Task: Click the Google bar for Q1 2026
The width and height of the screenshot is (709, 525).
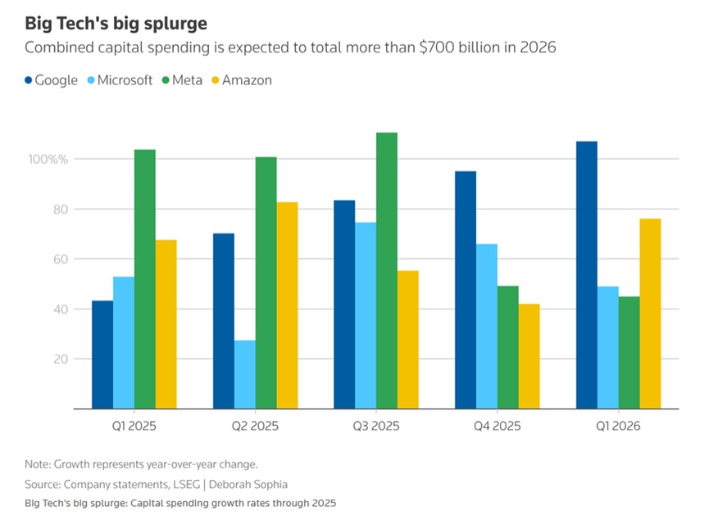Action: click(x=587, y=275)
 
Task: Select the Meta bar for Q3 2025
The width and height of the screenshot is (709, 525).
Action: click(x=387, y=270)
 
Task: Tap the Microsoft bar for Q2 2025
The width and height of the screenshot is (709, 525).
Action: click(x=244, y=374)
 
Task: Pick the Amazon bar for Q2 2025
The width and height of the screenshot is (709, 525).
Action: click(x=287, y=305)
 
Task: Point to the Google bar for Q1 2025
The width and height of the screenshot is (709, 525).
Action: click(x=102, y=355)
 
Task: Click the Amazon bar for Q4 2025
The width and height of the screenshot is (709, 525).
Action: click(x=529, y=356)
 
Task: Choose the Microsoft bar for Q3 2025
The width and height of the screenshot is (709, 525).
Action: click(x=366, y=315)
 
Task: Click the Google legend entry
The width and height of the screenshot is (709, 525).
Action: click(x=52, y=80)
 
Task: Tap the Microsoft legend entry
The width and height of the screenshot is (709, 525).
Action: click(x=121, y=80)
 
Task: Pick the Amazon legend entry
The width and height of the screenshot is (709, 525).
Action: click(x=241, y=80)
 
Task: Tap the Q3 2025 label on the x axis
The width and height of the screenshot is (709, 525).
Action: click(x=376, y=426)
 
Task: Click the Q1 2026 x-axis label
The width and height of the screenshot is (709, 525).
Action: click(x=618, y=426)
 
